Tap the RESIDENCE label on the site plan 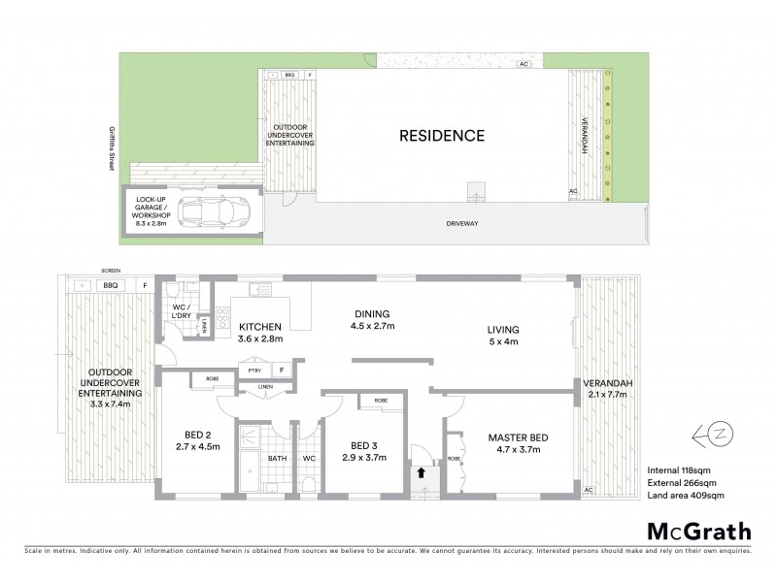pyautogui.click(x=442, y=136)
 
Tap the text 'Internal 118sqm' pyautogui.click(x=679, y=469)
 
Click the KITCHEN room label pyautogui.click(x=260, y=327)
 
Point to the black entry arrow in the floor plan pyautogui.click(x=421, y=473)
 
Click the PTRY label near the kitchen pyautogui.click(x=254, y=370)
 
